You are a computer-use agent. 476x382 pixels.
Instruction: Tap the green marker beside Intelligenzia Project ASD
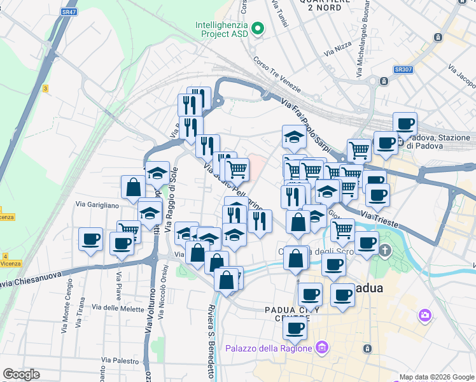[258, 28]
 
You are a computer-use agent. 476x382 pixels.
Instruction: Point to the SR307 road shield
[402, 69]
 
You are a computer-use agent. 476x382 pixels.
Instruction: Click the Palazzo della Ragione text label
[269, 348]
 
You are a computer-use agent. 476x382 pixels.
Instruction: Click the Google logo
[21, 374]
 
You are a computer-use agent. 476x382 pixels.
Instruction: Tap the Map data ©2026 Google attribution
[435, 377]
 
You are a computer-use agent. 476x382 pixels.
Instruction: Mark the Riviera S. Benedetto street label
[211, 343]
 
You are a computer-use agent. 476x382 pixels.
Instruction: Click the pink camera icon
[424, 315]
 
